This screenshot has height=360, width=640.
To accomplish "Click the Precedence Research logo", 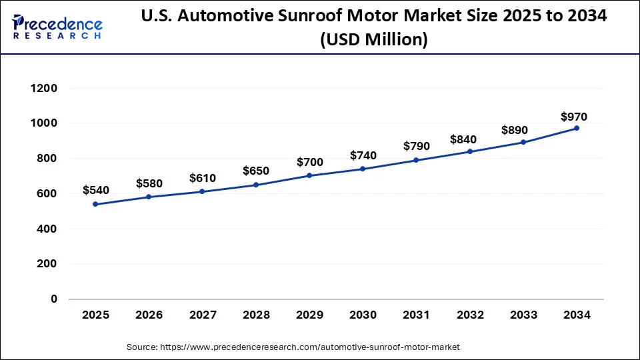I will coord(57,27).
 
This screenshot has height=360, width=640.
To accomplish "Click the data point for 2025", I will coord(95,204).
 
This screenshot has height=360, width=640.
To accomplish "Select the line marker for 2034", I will coord(577,128).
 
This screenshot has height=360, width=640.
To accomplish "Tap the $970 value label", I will coord(573,117).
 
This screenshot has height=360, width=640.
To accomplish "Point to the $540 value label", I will coord(95,191).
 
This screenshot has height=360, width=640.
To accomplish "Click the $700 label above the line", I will coord(309,162).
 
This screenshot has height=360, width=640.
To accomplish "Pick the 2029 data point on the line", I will coord(309,175).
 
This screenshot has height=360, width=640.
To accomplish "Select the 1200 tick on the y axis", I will coord(44,88).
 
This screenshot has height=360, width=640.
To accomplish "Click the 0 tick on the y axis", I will coord(54,299).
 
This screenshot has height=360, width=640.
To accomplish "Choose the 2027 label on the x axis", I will coord(202,315).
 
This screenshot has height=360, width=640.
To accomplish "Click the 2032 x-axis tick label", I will coord(470,315).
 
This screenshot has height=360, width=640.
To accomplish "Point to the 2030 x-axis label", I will coord(363,315).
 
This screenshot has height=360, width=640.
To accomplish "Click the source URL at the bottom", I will coord(293,347).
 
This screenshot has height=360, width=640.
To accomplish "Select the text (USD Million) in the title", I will coord(373,40).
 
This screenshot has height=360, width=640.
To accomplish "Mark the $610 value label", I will coord(202,178).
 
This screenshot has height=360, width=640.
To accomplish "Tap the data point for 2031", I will coord(416,160).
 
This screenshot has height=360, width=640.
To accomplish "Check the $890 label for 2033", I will coord(523,129).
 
